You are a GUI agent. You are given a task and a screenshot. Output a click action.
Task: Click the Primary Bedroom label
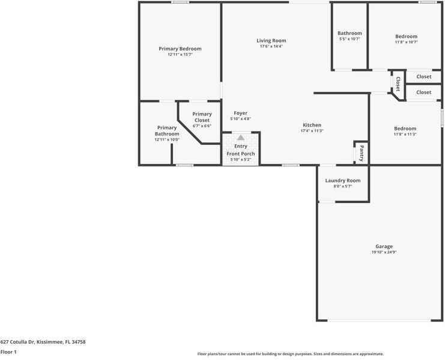[x=180, y=49]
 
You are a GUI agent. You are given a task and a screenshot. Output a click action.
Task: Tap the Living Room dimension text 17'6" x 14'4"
[x=271, y=46]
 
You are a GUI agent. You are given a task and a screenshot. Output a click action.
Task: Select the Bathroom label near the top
[x=350, y=33]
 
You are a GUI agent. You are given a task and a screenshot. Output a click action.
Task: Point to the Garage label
[x=384, y=246]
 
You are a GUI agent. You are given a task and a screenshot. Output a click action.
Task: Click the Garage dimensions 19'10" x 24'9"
[x=384, y=252]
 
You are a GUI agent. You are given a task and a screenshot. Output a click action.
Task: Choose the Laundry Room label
[x=342, y=180]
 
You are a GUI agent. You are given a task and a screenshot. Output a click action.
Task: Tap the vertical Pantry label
[x=362, y=153]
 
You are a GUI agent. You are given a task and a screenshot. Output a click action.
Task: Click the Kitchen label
[x=312, y=125]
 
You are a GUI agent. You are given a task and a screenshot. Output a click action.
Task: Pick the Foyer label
[x=240, y=113]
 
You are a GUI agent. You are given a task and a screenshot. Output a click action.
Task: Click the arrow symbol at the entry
[x=241, y=138]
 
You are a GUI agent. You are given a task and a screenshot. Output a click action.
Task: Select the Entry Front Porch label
[x=241, y=150]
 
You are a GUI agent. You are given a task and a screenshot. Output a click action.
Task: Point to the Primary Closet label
[x=202, y=117]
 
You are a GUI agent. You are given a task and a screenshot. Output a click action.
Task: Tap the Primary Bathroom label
[x=167, y=130]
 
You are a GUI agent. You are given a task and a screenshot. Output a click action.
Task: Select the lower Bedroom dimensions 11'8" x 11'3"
[x=405, y=134]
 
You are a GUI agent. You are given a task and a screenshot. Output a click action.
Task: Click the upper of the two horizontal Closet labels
[x=424, y=76]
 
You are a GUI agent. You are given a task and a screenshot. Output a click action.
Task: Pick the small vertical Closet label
[x=398, y=84]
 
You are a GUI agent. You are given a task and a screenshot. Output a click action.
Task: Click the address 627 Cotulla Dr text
[x=43, y=341]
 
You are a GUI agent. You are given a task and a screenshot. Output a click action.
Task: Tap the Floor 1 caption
[x=8, y=352]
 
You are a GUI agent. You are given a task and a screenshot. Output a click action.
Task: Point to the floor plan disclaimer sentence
[x=290, y=354]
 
